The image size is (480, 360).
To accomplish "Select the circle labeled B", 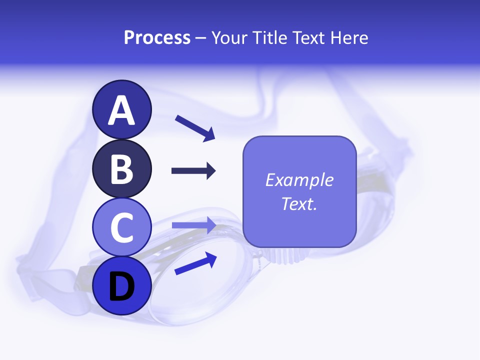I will [122, 169].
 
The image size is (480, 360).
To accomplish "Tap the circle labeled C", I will [122, 227].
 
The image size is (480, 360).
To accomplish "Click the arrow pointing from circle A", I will [195, 127].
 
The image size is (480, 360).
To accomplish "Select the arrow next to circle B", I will [193, 171].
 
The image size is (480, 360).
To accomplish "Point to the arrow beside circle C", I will [193, 225].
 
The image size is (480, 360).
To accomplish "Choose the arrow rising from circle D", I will [195, 263].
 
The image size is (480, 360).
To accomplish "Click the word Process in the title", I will [157, 37].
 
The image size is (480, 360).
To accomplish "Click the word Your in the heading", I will [230, 37].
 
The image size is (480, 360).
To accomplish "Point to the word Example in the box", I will [299, 180].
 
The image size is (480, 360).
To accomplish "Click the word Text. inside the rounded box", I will [299, 203].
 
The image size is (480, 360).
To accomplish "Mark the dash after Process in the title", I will [201, 38].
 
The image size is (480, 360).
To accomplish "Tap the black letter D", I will [122, 287].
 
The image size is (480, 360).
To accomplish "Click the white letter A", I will [122, 111].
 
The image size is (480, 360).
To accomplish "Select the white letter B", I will [122, 169].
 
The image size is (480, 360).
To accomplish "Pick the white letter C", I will [122, 228].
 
